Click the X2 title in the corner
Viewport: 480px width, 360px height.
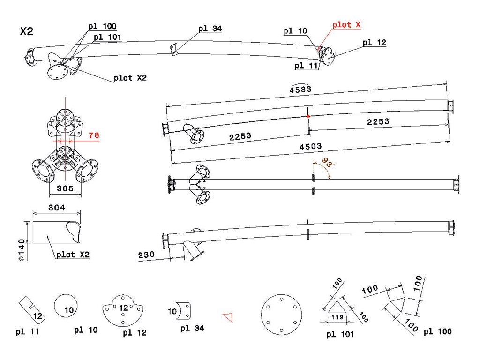[x=27, y=32]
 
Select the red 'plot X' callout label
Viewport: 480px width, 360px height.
[x=346, y=25]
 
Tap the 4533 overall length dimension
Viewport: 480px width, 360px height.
[x=300, y=89]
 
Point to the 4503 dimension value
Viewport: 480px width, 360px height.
[x=311, y=147]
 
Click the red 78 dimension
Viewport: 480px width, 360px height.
[x=94, y=135]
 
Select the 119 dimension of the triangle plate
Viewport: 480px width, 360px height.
[x=337, y=317]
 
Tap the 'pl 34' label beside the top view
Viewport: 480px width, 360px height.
[x=210, y=29]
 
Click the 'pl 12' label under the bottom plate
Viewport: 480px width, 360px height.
[x=135, y=333]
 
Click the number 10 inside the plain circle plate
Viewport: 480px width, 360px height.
[x=69, y=309]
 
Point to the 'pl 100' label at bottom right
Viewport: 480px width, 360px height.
[x=437, y=331]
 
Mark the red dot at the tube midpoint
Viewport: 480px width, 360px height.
[x=307, y=115]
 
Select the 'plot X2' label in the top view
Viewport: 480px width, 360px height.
[x=130, y=78]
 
